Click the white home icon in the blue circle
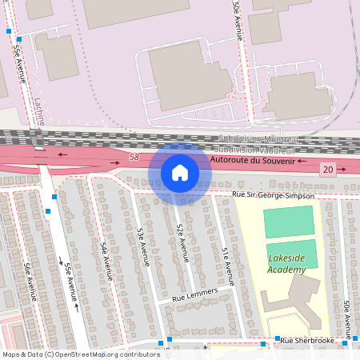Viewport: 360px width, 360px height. click(179, 172)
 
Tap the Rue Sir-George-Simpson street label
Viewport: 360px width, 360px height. click(273, 194)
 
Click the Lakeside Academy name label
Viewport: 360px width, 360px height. click(287, 264)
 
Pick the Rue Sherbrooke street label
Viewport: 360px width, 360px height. click(307, 341)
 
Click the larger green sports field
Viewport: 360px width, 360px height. click(289, 221)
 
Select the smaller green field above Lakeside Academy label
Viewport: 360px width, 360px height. click(291, 253)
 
